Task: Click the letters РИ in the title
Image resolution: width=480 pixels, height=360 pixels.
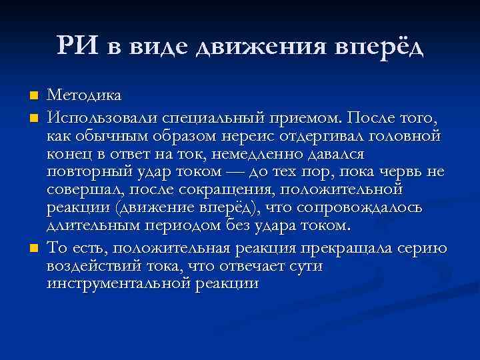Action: (x=79, y=46)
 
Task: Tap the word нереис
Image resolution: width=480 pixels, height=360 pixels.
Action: (x=255, y=137)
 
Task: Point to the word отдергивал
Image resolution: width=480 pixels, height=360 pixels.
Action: (x=323, y=137)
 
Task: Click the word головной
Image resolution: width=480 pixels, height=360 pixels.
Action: (x=405, y=137)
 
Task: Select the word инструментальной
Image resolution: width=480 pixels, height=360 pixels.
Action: (x=119, y=284)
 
